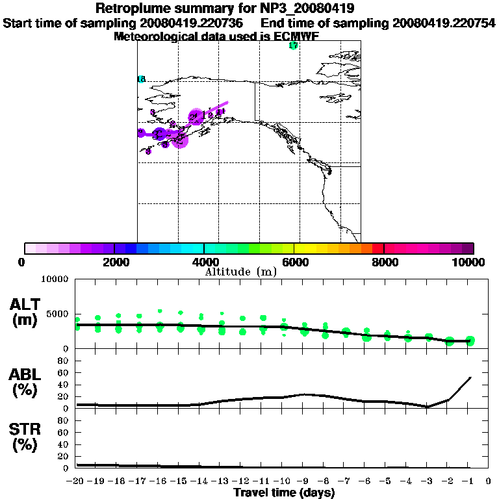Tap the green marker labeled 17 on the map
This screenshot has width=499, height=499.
293,45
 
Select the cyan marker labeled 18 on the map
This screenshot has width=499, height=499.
141,79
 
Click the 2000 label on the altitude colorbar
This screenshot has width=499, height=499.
114,262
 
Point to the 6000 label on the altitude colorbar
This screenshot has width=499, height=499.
294,262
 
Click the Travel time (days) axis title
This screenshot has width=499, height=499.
284,493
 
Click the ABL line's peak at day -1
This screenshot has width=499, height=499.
470,377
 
